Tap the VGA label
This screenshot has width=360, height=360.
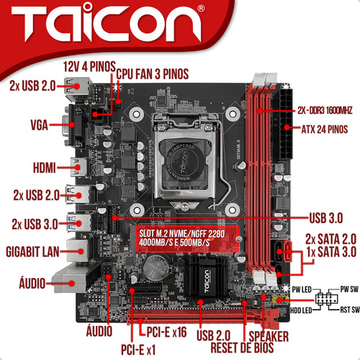click(39, 125)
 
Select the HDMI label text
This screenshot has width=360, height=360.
click(45, 168)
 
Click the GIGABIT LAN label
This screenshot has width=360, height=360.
click(32, 252)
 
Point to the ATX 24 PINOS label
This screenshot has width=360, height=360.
click(325, 130)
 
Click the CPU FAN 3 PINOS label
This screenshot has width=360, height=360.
click(153, 74)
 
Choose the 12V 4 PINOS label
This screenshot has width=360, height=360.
click(89, 66)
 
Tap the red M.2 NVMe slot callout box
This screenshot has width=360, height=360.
click(187, 239)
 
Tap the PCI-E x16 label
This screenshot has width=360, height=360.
click(166, 332)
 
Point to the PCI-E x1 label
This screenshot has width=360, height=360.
click(138, 350)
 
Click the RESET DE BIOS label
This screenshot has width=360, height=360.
click(242, 348)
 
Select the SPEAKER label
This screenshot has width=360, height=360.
click(269, 336)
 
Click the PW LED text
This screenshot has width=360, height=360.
click(302, 289)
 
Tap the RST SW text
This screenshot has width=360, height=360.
click(350, 310)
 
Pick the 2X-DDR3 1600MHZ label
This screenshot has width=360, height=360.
click(325, 110)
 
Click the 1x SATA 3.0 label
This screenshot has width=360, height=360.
click(331, 252)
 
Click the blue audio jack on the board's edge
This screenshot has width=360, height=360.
click(53, 279)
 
